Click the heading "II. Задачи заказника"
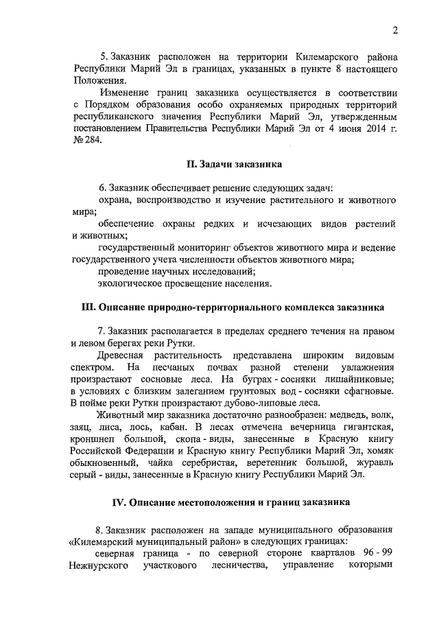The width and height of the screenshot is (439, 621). point(234,164)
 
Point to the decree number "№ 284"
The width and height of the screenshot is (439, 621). point(86,139)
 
